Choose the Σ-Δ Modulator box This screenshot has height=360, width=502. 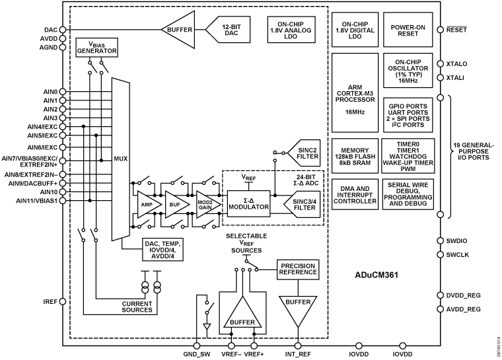250,203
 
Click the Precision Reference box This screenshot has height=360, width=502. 298,269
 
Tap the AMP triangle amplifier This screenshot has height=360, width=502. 145,205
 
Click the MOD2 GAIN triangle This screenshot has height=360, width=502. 205,205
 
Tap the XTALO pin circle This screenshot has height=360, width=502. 440,64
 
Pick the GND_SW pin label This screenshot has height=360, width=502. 196,353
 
